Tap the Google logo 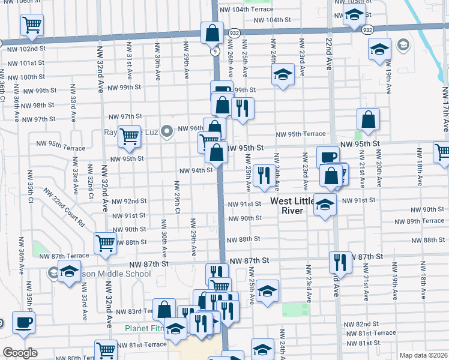[20, 353]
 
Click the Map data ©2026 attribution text [423, 355]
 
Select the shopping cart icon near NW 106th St [32, 25]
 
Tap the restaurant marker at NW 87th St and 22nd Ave [340, 262]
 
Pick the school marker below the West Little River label [325, 206]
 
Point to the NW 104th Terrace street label [247, 10]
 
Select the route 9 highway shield [214, 52]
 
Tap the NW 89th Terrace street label [425, 221]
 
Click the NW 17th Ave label [445, 108]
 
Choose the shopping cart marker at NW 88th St [106, 244]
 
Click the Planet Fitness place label [144, 328]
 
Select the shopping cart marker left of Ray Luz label [129, 137]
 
